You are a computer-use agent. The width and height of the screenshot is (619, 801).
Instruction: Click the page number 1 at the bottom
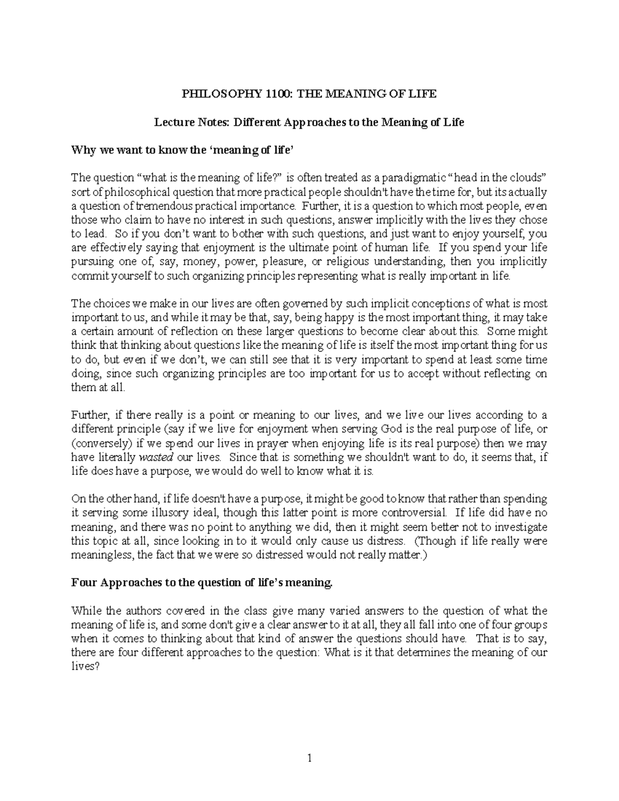click(309, 758)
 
